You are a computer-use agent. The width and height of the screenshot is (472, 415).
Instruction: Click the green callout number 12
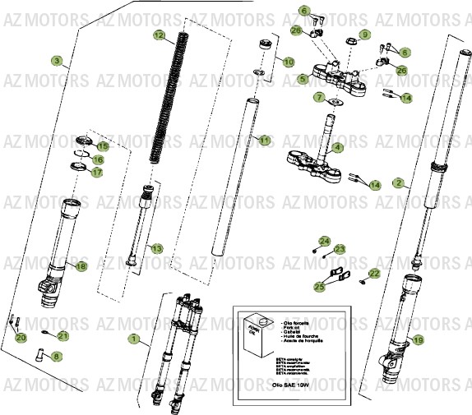160,35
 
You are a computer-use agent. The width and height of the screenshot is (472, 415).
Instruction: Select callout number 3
56,61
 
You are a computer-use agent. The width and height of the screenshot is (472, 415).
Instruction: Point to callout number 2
398,182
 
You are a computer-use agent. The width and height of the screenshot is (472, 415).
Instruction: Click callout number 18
81,266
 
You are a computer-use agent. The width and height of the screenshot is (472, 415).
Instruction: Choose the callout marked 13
156,247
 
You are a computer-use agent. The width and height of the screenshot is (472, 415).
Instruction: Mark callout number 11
264,141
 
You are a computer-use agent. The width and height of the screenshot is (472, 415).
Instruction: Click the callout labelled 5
303,79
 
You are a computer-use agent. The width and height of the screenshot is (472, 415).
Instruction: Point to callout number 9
365,35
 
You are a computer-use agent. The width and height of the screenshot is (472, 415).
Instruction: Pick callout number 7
319,97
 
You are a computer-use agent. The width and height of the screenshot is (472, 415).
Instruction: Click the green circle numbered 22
375,274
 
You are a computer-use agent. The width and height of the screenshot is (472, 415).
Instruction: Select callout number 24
325,241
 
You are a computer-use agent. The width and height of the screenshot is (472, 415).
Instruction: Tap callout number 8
56,356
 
